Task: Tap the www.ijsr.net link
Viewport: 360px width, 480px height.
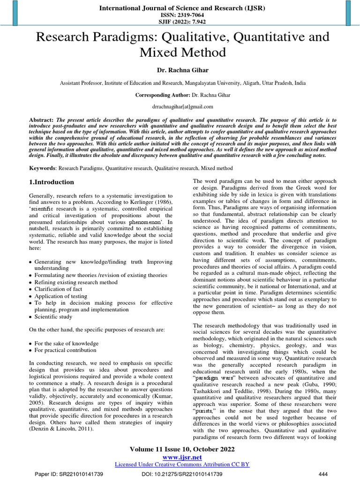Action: tap(182, 457)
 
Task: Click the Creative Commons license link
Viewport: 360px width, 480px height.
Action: tap(182, 464)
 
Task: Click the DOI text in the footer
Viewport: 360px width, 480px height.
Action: tap(182, 474)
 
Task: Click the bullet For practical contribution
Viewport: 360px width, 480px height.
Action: tap(66, 350)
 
